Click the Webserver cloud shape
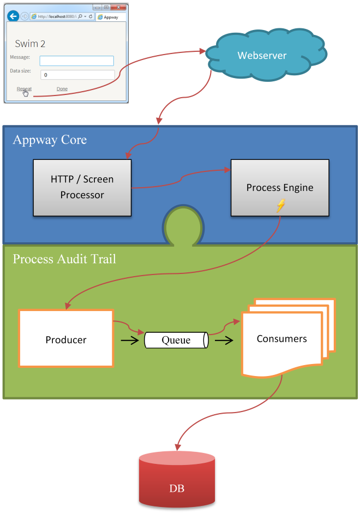(x=262, y=55)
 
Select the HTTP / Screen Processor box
(x=82, y=187)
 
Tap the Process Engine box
(x=280, y=188)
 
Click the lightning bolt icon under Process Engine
(x=280, y=206)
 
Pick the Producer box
(x=66, y=339)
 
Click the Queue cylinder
(x=176, y=341)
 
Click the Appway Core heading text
(x=50, y=140)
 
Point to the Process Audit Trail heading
(x=64, y=259)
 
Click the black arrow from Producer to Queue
(x=129, y=341)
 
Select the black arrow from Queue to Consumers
(x=224, y=341)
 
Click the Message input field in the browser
(x=77, y=61)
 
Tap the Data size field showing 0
(x=77, y=75)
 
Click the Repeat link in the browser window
(x=24, y=89)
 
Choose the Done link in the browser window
(x=62, y=89)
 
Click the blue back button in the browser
(x=13, y=16)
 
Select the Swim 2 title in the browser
(x=30, y=44)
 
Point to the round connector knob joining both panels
(x=183, y=225)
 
